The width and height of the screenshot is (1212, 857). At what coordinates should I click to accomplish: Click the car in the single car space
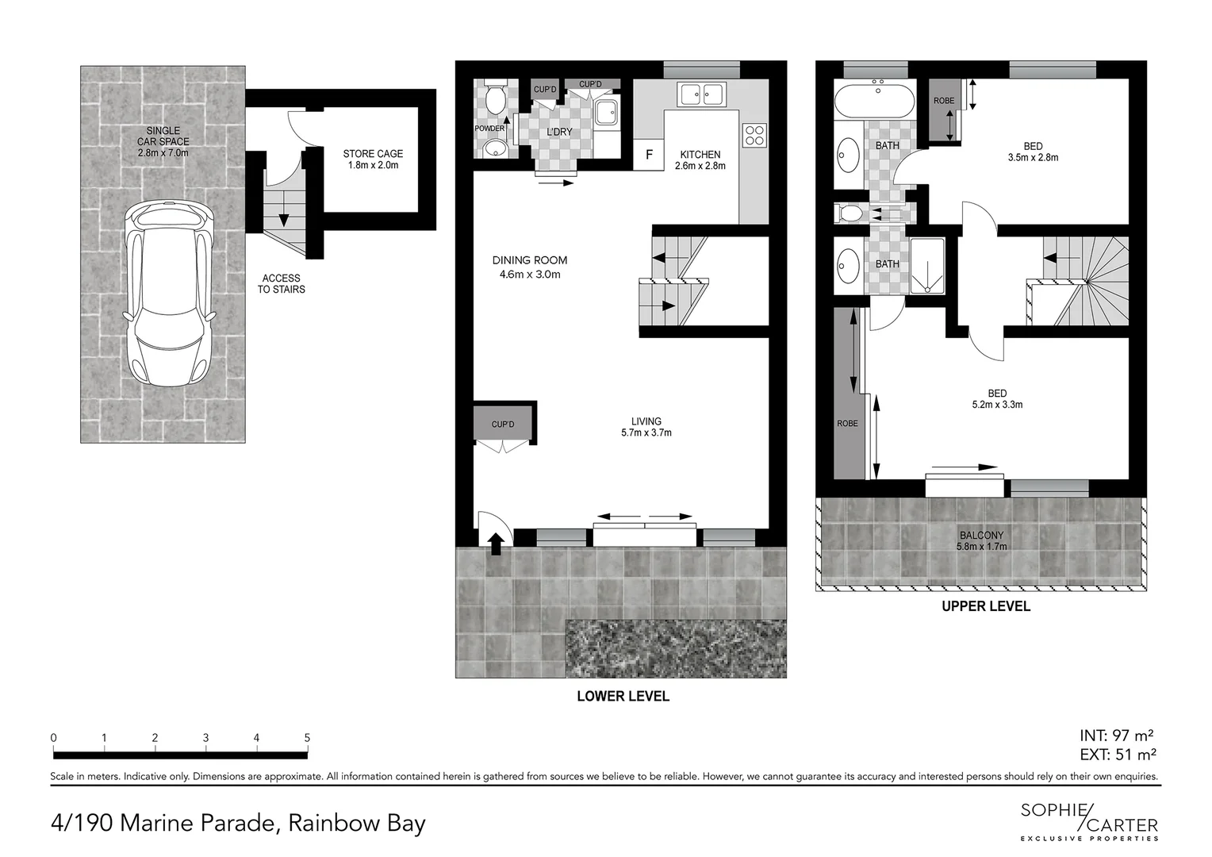pyautogui.click(x=168, y=294)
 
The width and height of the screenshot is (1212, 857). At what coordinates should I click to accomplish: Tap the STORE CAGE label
pyautogui.click(x=373, y=159)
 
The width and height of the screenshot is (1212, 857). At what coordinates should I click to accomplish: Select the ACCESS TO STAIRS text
pyautogui.click(x=281, y=284)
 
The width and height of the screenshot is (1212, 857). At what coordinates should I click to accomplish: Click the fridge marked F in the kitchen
pyautogui.click(x=649, y=155)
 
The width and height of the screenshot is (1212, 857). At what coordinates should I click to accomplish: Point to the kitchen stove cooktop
pyautogui.click(x=754, y=136)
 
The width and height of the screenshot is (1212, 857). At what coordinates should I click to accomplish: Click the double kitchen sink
pyautogui.click(x=700, y=94)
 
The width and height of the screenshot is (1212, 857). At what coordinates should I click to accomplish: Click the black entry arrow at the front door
pyautogui.click(x=496, y=544)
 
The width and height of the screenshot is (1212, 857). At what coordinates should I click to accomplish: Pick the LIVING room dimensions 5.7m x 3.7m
pyautogui.click(x=646, y=433)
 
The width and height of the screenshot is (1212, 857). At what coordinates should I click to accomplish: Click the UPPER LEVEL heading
pyautogui.click(x=985, y=606)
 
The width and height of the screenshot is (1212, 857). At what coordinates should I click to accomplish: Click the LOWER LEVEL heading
pyautogui.click(x=623, y=697)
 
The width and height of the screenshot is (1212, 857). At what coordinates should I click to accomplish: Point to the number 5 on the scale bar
pyautogui.click(x=307, y=738)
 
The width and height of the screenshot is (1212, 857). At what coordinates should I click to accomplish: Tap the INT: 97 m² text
pyautogui.click(x=1116, y=736)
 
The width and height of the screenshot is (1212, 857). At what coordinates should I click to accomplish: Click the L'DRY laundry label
pyautogui.click(x=559, y=132)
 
